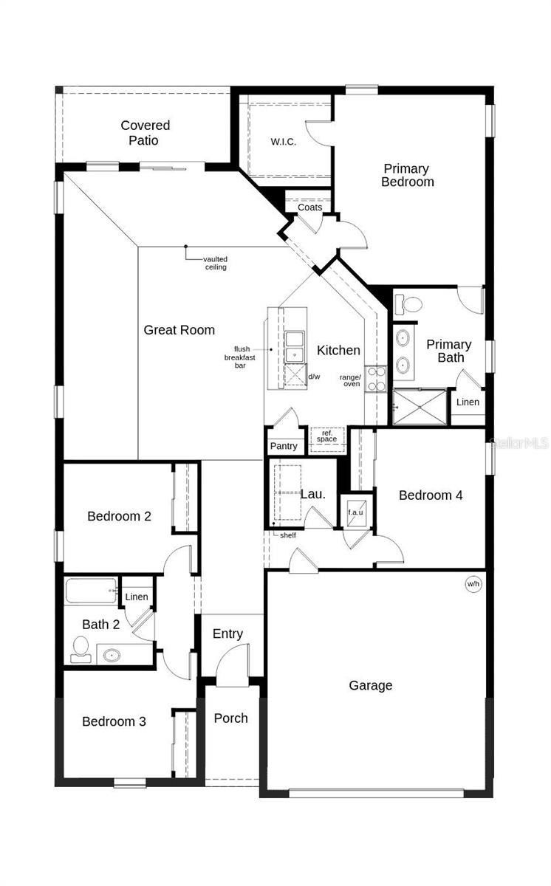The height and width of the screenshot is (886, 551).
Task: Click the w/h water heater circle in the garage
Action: pyautogui.click(x=473, y=585)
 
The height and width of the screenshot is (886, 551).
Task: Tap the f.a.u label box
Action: pyautogui.click(x=354, y=512)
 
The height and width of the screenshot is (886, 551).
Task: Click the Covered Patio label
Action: pyautogui.click(x=146, y=133)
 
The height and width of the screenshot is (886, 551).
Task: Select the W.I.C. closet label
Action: pyautogui.click(x=284, y=142)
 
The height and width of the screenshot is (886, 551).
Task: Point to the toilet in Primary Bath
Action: pyautogui.click(x=408, y=303)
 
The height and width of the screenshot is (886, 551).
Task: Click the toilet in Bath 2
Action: pyautogui.click(x=80, y=648)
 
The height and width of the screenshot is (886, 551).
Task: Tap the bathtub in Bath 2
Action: pyautogui.click(x=92, y=591)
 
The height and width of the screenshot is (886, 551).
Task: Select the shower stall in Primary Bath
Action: pyautogui.click(x=420, y=407)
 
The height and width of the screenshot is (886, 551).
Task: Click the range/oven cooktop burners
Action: pyautogui.click(x=376, y=379)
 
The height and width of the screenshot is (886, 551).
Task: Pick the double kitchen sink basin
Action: pyautogui.click(x=296, y=347)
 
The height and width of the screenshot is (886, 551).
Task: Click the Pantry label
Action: pyautogui.click(x=284, y=446)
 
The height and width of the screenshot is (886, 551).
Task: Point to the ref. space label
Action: pyautogui.click(x=326, y=436)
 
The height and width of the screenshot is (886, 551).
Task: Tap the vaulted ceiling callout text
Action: pyautogui.click(x=216, y=263)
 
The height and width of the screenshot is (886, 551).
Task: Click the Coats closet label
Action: pyautogui.click(x=310, y=207)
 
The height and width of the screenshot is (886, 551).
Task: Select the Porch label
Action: pyautogui.click(x=231, y=718)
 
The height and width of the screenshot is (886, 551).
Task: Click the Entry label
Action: pyautogui.click(x=227, y=633)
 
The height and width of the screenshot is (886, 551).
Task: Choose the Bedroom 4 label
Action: pyautogui.click(x=431, y=495)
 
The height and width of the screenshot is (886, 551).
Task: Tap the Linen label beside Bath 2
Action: pyautogui.click(x=137, y=597)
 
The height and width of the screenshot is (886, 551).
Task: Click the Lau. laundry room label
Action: pyautogui.click(x=313, y=494)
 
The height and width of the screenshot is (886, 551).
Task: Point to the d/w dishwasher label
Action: pyautogui.click(x=314, y=377)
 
